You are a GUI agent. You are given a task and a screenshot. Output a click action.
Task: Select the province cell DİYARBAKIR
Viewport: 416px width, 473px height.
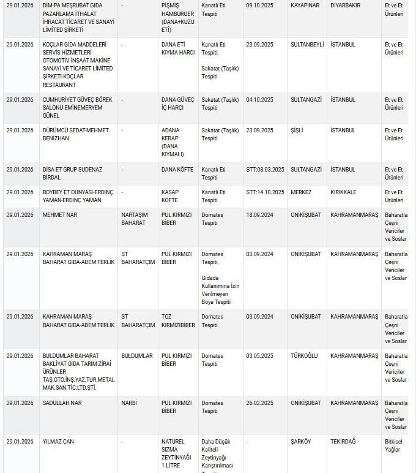[345, 6]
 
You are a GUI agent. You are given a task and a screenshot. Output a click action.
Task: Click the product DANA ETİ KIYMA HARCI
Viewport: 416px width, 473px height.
[177, 48]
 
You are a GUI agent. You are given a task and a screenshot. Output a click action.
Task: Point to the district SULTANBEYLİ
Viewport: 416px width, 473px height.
[310, 45]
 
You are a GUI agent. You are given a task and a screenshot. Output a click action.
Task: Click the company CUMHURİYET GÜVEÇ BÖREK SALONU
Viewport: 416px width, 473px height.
[72, 107]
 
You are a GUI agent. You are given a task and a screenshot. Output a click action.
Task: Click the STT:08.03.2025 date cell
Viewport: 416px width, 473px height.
[265, 170]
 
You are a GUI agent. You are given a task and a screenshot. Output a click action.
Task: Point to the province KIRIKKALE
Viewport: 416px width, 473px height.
[343, 192]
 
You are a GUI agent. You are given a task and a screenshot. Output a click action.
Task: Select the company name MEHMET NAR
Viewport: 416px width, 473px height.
[60, 215]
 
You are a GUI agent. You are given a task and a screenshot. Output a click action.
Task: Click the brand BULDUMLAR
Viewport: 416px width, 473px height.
[137, 356]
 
